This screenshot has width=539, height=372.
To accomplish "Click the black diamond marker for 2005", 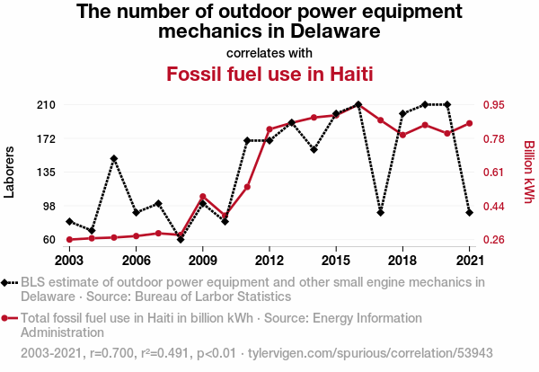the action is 114,158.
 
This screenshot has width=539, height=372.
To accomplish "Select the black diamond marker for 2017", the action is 380,212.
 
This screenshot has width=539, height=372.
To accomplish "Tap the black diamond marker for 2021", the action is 469,212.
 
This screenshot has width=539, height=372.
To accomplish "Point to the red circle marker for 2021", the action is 469,123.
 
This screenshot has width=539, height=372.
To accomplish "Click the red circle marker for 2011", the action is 247,187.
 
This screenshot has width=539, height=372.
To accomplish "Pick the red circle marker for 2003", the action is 69,239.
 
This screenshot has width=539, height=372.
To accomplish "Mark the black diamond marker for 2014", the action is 314,149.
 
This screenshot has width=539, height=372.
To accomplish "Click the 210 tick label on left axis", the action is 46,104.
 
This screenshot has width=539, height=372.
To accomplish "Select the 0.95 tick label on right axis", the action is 494,104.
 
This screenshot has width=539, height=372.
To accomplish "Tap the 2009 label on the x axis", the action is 202,261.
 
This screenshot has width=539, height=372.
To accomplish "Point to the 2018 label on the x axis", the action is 402,261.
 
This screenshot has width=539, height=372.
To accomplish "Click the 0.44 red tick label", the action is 494,207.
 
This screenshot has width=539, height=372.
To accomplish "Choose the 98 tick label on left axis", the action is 49,207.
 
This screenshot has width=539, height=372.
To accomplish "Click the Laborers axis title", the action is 9,172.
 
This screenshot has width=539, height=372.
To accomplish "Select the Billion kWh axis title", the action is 529,172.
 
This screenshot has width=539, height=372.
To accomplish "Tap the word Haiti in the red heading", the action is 351,74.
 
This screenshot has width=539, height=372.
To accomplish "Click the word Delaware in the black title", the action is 335,31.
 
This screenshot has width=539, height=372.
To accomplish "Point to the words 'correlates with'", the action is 269,53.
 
